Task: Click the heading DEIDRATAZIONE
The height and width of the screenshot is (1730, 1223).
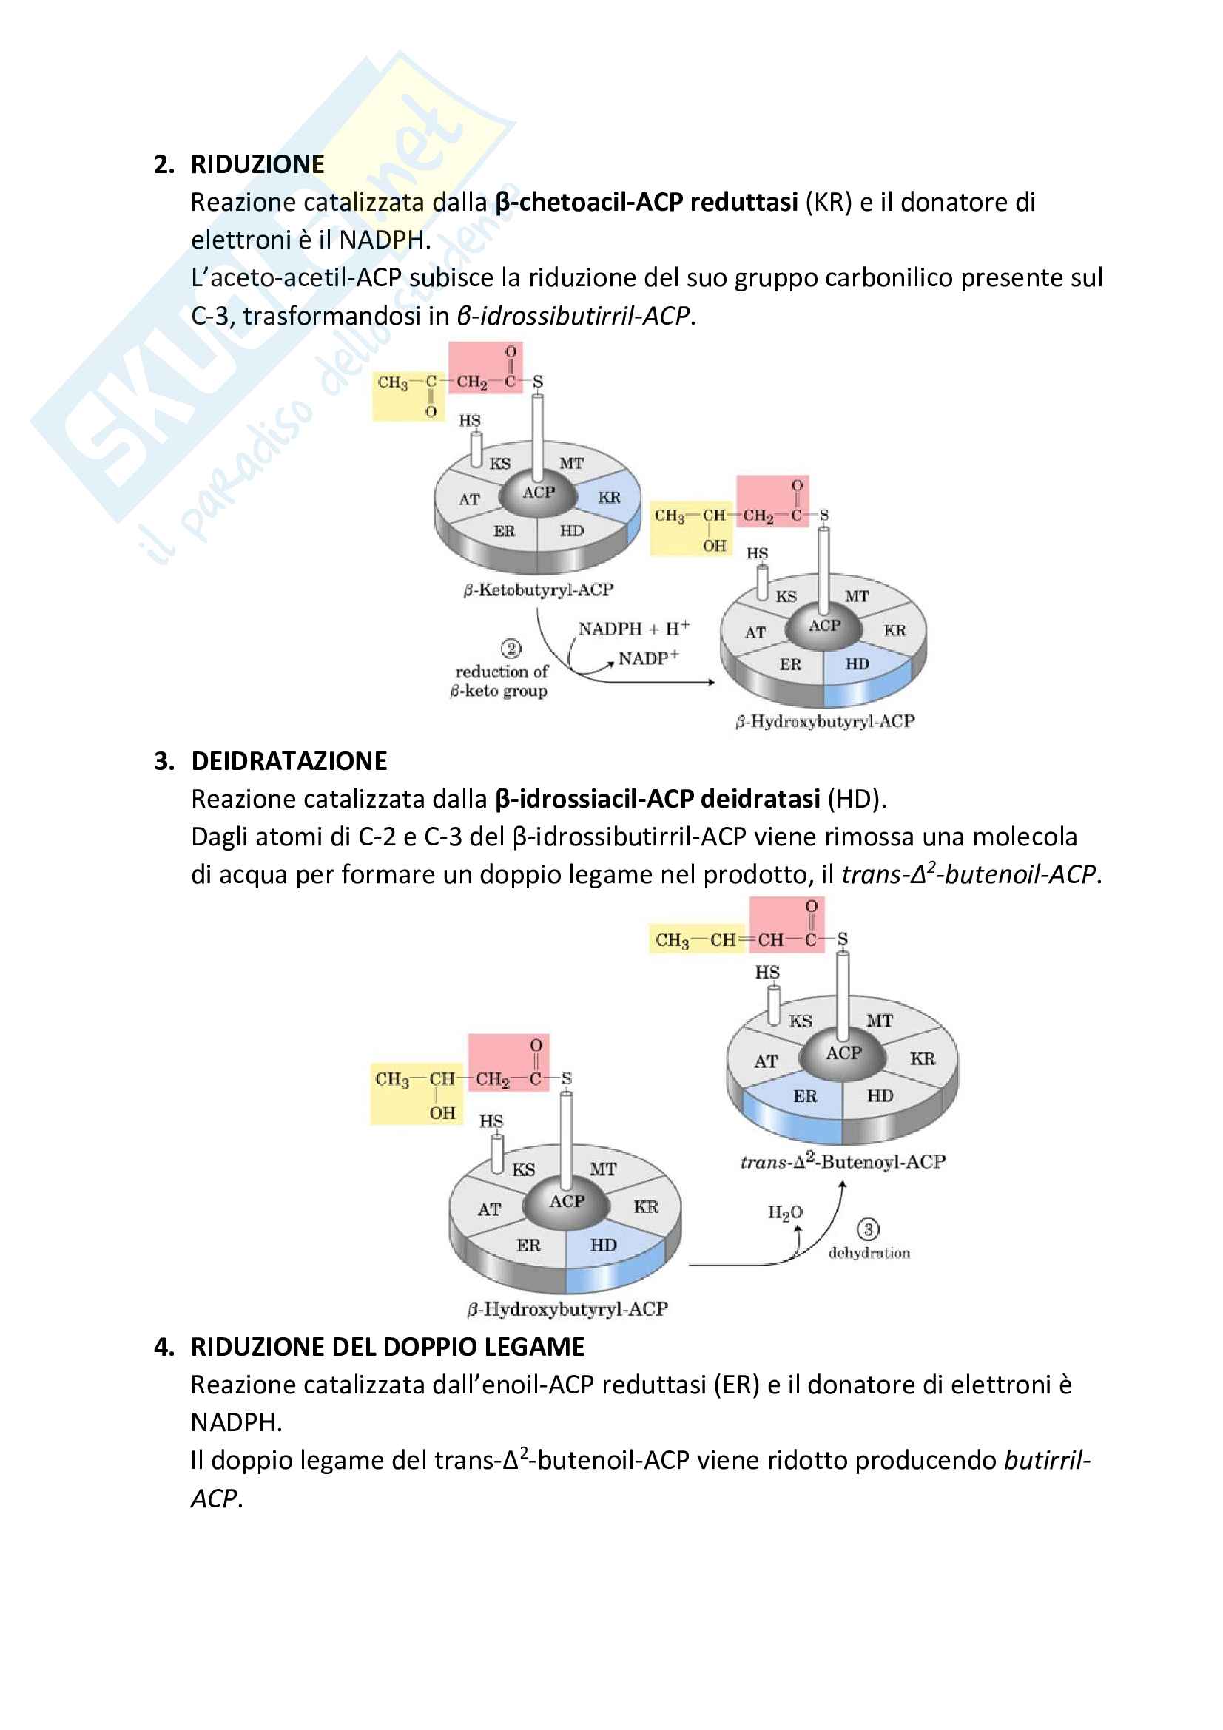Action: point(289,761)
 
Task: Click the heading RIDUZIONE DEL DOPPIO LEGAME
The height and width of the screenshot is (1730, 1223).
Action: point(388,1346)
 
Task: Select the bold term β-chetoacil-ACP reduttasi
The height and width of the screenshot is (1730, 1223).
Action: point(646,202)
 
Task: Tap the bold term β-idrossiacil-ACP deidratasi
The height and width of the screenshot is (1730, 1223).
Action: point(657,799)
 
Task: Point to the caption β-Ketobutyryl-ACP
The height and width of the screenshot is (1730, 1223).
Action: point(538,589)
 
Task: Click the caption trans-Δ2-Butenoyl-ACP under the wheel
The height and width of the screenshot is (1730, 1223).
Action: point(842,1161)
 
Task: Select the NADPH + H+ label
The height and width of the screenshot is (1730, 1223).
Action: point(633,629)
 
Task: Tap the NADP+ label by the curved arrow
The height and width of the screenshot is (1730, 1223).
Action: point(648,658)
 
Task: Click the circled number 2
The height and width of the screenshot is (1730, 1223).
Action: point(511,649)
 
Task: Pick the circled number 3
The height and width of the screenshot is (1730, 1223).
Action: point(867,1230)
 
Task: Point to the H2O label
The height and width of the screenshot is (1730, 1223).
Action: point(784,1212)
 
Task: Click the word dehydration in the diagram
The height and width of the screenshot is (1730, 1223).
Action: point(869,1253)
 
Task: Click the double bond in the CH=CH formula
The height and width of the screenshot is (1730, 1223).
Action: point(746,939)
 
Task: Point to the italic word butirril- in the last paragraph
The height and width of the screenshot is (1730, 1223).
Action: point(1047,1460)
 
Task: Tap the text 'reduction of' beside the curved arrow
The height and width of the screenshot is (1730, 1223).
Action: point(502,672)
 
